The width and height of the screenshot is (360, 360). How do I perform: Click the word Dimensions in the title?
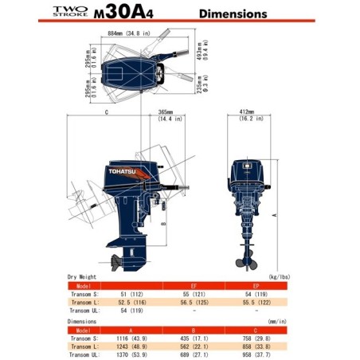[232, 14]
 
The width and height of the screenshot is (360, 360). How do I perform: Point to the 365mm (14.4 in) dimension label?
[166, 115]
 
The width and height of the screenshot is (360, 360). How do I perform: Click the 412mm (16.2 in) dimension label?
[252, 115]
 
